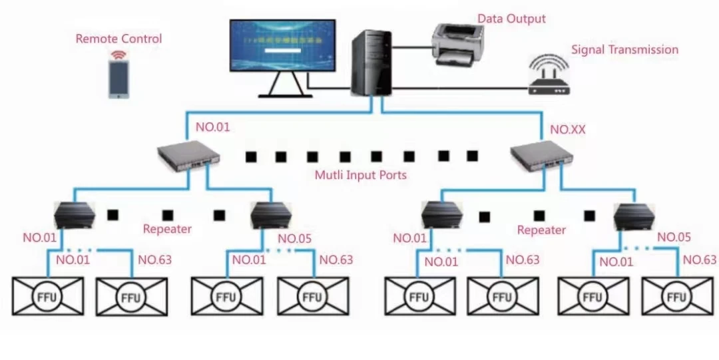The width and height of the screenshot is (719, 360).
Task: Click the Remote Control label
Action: coord(119,39)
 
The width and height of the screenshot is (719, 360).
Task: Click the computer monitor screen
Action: coord(283,45)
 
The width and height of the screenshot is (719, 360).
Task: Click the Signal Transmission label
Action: coord(624,50)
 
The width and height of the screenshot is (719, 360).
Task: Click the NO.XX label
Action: coord(568,130)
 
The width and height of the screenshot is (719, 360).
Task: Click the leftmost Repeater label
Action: coord(167,230)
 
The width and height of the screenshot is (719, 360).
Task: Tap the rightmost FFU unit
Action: coord(677,297)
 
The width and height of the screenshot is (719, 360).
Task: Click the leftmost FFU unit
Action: coord(49,297)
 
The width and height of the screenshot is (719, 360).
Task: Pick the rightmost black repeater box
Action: coord(634,214)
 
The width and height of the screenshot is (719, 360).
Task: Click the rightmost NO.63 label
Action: coord(700,260)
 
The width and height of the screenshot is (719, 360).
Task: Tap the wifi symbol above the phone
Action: coord(119,55)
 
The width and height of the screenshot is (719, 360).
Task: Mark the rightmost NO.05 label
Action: coord(674,238)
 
